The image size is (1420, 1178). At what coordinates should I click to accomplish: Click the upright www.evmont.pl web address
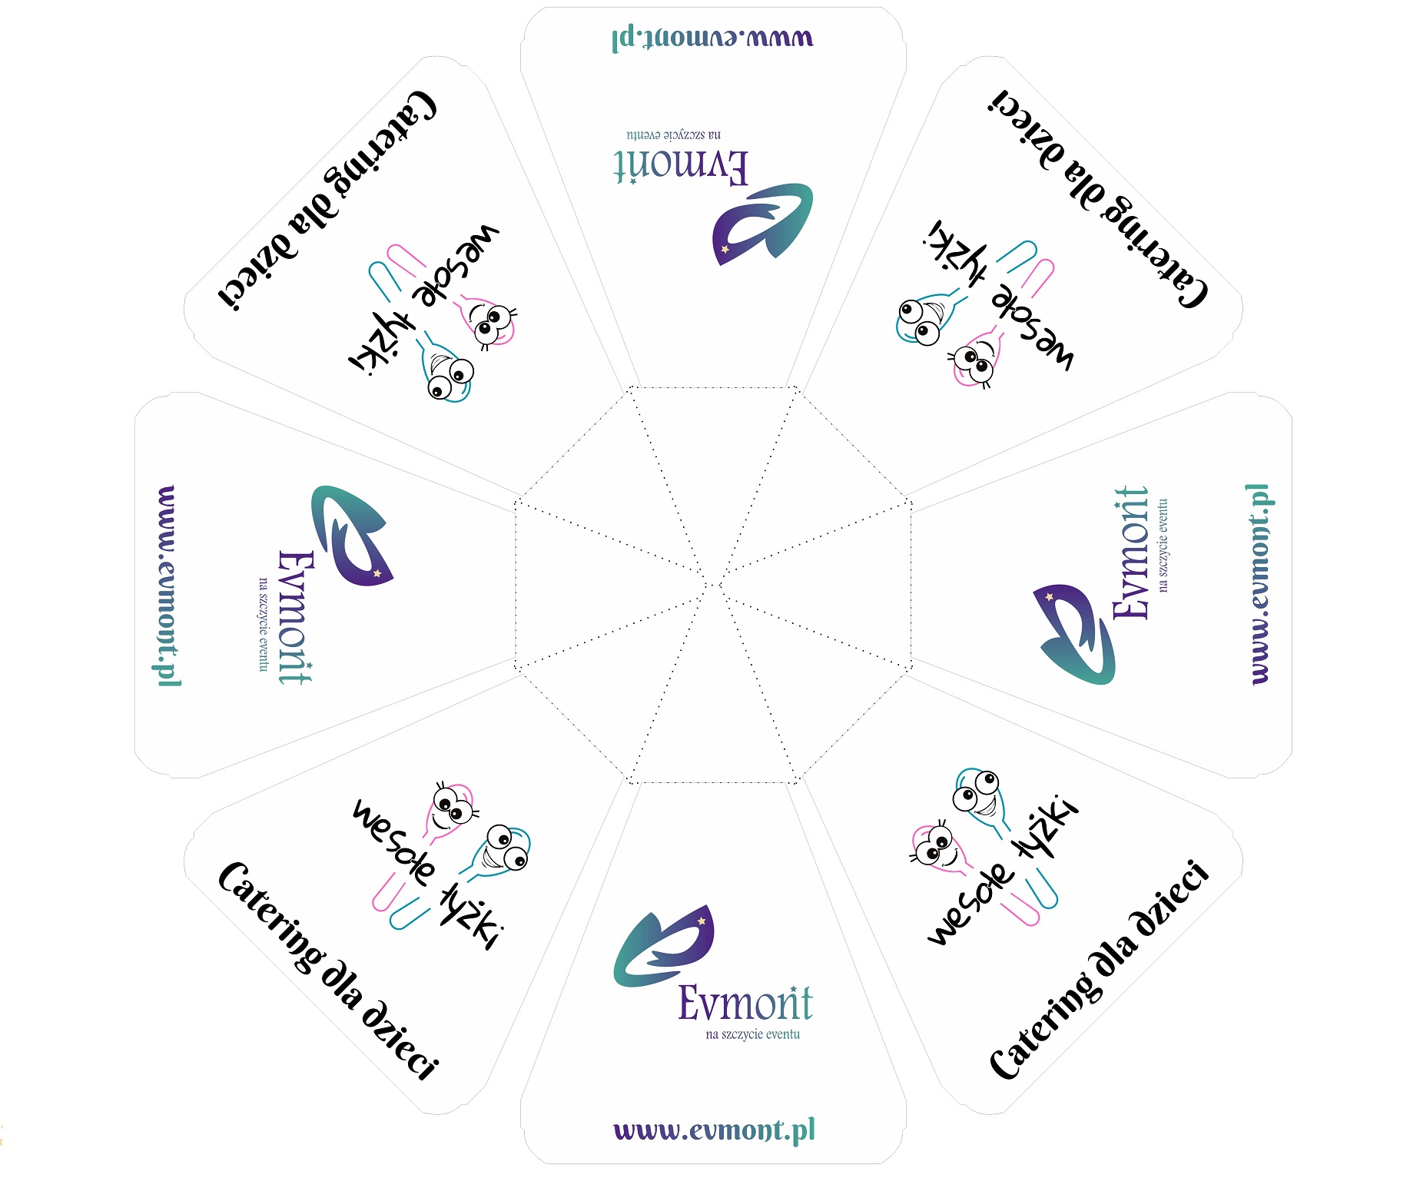coord(714,1131)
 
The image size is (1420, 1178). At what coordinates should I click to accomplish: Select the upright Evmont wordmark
coord(745,1002)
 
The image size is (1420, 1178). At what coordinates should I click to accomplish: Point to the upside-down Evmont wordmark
coord(681,166)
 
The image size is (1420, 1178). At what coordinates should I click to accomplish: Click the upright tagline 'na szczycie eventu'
coord(752,1034)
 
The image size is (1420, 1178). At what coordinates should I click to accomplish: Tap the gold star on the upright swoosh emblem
coord(701,921)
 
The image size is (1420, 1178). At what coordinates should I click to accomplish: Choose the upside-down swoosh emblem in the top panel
coord(761,223)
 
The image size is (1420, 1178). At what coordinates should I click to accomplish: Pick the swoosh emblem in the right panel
coord(1074,633)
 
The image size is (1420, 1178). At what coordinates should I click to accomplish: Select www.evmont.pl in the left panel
coord(167,586)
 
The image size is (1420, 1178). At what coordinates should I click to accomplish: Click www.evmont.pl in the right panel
coord(1258,584)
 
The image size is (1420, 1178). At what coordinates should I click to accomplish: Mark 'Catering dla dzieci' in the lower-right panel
coord(1099,970)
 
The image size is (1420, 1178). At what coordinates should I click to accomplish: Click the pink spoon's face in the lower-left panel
coord(452,808)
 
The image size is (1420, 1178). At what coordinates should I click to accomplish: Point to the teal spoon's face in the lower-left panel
coord(506,849)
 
